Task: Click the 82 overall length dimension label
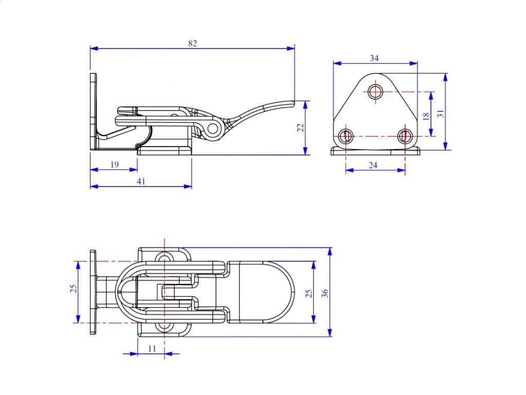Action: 193,43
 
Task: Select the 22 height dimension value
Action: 300,128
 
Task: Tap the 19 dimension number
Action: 115,165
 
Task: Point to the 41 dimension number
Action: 141,182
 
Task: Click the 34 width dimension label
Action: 374,58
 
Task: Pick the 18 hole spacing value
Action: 426,116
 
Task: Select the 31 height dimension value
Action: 441,114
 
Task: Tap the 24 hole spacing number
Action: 373,165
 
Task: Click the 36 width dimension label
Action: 325,293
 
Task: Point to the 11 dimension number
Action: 152,349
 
